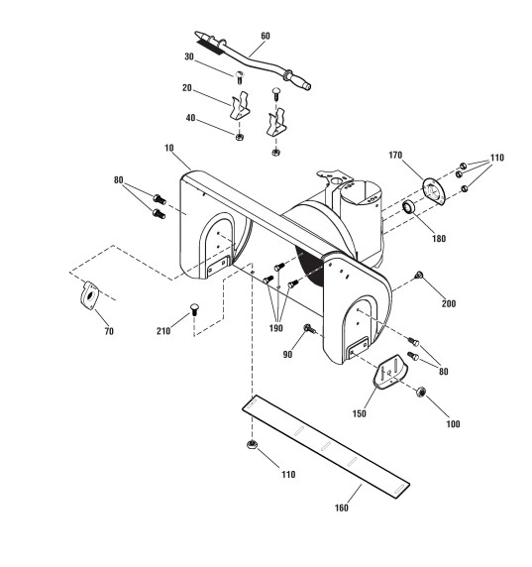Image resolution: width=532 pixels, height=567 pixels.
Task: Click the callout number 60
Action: pyautogui.click(x=266, y=36)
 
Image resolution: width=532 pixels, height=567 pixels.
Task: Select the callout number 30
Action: pyautogui.click(x=189, y=57)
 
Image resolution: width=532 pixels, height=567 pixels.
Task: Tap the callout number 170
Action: pyautogui.click(x=395, y=155)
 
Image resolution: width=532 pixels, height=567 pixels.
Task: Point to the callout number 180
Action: pyautogui.click(x=439, y=239)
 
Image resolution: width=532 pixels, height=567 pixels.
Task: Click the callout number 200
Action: pyautogui.click(x=449, y=303)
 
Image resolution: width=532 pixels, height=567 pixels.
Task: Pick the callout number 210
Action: pyautogui.click(x=163, y=331)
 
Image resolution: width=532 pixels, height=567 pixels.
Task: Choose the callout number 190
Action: pyautogui.click(x=275, y=328)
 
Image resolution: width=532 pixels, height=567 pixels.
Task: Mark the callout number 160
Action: pyautogui.click(x=342, y=509)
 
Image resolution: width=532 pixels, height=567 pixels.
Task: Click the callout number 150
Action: pyautogui.click(x=360, y=413)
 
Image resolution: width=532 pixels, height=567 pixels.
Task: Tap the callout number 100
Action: pyautogui.click(x=453, y=424)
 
